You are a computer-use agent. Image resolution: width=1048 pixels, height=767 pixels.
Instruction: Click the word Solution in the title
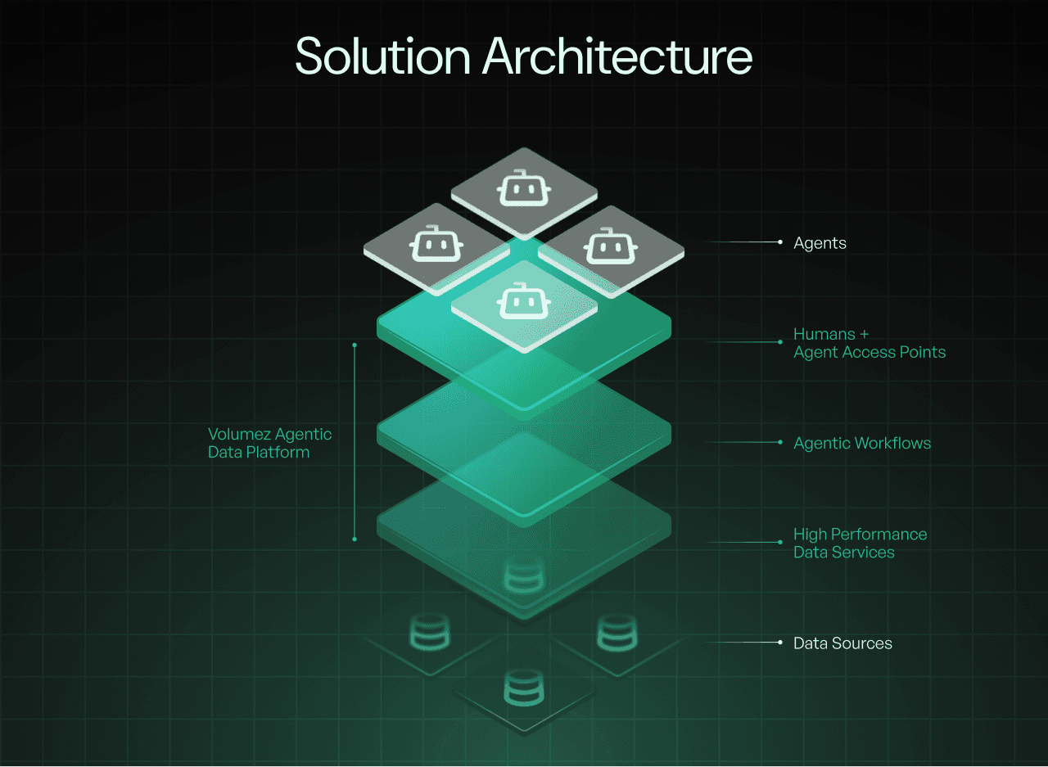point(382,56)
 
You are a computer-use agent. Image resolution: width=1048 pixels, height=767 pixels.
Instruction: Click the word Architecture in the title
point(617,56)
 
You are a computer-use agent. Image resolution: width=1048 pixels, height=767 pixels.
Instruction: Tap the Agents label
point(820,243)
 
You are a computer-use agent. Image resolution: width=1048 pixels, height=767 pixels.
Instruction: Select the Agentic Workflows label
point(862,443)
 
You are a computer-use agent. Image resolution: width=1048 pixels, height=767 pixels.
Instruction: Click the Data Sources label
point(842,643)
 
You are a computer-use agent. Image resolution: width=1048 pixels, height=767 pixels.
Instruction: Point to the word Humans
point(824,334)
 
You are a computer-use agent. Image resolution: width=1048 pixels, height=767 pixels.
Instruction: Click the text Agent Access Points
point(870,353)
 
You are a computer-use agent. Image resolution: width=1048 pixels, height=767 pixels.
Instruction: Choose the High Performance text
point(860,535)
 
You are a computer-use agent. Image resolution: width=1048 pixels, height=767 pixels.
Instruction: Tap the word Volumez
point(238,434)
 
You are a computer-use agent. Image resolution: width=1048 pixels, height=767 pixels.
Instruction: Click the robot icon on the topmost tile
point(524,190)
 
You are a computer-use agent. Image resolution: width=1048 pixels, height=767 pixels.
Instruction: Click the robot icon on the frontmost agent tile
point(524,301)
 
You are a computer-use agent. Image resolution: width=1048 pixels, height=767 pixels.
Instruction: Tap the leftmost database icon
point(429,633)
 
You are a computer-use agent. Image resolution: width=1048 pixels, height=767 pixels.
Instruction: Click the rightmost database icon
point(618,633)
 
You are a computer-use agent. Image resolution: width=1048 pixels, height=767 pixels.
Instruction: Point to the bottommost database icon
point(524,688)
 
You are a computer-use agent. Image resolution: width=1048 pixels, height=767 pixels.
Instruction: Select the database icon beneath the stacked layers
point(524,575)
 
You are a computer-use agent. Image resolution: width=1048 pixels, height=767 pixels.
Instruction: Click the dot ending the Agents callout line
point(780,242)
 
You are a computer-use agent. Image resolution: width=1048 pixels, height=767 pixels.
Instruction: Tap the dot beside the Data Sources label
point(780,643)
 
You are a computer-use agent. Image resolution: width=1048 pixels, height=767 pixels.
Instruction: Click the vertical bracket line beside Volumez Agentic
point(355,442)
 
